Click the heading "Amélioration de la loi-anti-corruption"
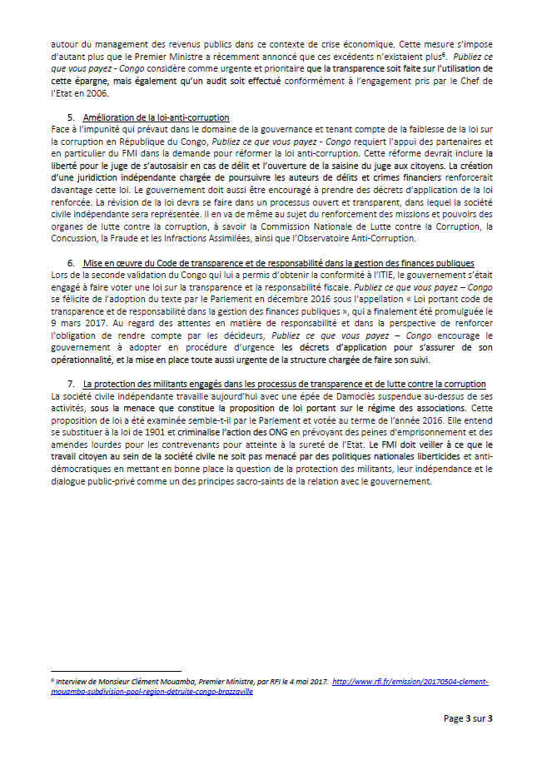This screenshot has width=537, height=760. pyautogui.click(x=157, y=117)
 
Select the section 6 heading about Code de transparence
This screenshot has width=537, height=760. pyautogui.click(x=278, y=262)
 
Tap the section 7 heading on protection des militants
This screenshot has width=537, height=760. pyautogui.click(x=285, y=384)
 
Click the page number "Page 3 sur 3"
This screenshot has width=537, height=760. pyautogui.click(x=468, y=718)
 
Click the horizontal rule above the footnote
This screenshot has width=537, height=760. pyautogui.click(x=116, y=670)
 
